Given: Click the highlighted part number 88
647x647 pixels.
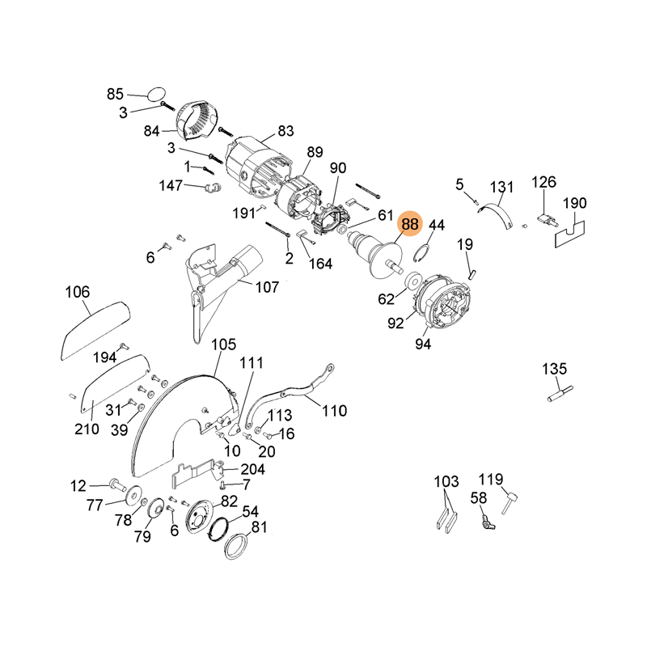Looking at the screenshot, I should click(x=410, y=224).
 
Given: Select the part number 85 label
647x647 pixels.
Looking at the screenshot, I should click(x=116, y=94).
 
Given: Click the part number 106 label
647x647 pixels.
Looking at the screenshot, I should click(x=78, y=292).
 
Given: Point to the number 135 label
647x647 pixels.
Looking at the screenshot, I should click(x=555, y=370).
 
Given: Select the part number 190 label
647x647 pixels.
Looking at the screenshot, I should click(x=574, y=203).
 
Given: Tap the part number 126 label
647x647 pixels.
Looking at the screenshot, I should click(x=544, y=182).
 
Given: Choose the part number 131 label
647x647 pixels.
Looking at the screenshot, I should click(x=502, y=188).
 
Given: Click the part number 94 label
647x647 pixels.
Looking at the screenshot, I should click(x=423, y=344).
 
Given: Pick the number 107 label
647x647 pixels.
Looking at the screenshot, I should click(x=267, y=286).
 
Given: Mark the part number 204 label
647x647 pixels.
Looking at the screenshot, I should click(x=252, y=469).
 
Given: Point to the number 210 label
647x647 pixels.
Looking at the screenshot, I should click(x=88, y=429).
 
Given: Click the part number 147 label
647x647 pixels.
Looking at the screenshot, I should click(x=171, y=186).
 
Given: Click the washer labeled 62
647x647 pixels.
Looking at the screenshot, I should click(x=412, y=281).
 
